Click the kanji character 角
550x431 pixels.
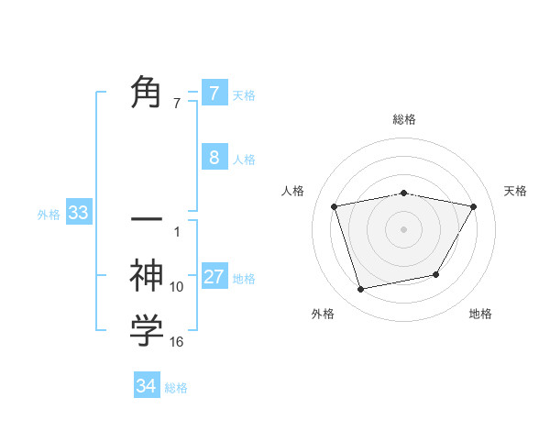click(x=147, y=93)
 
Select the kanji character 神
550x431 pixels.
click(x=147, y=276)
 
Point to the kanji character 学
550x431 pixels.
click(x=147, y=330)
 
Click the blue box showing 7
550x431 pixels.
click(x=214, y=93)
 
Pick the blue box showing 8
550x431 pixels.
click(x=214, y=158)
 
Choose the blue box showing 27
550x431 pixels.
click(x=214, y=277)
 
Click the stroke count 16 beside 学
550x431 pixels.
click(x=177, y=342)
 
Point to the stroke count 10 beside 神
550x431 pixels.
click(x=177, y=287)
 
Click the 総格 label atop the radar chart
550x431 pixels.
click(x=403, y=119)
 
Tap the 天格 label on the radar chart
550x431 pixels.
click(x=515, y=191)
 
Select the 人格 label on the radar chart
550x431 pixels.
click(x=293, y=191)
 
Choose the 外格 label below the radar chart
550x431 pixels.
click(x=323, y=314)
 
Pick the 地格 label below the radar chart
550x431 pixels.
click(x=480, y=314)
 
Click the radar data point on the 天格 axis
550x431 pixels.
click(x=473, y=206)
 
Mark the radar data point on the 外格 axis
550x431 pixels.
click(x=361, y=289)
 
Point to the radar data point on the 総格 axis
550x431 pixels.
click(x=403, y=193)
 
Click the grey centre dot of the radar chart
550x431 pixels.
click(x=403, y=228)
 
